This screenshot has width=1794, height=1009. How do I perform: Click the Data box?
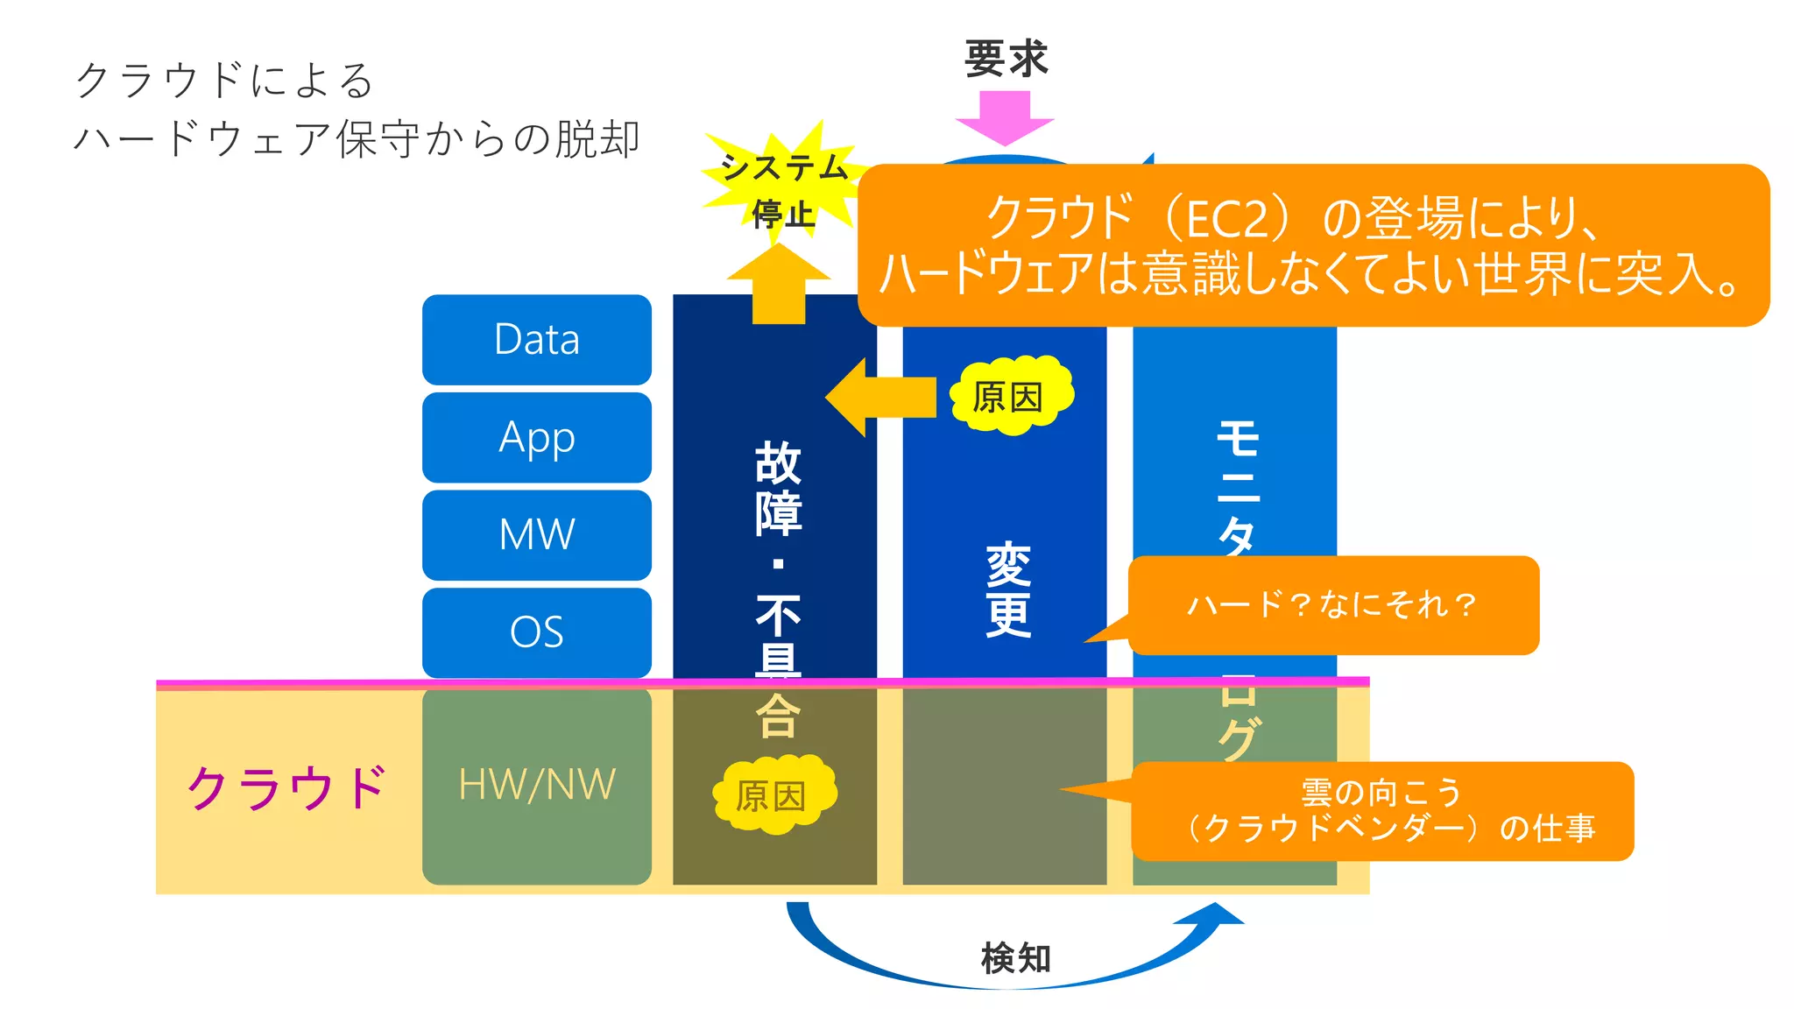(536, 340)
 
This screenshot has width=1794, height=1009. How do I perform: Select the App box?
(536, 437)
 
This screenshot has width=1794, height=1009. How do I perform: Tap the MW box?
(536, 534)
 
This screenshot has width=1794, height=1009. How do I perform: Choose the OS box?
(536, 632)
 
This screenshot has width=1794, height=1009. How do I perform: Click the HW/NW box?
(536, 785)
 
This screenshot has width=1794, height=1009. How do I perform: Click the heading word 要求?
(1006, 60)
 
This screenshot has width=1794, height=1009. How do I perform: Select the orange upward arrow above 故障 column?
(778, 285)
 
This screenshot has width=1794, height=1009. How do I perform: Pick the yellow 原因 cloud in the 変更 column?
(1010, 397)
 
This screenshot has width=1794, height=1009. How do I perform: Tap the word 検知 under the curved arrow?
(1015, 957)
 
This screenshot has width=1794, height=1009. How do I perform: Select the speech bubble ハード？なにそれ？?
(1332, 604)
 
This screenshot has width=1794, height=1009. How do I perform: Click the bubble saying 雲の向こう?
(1381, 811)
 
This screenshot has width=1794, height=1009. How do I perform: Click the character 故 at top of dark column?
(777, 462)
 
